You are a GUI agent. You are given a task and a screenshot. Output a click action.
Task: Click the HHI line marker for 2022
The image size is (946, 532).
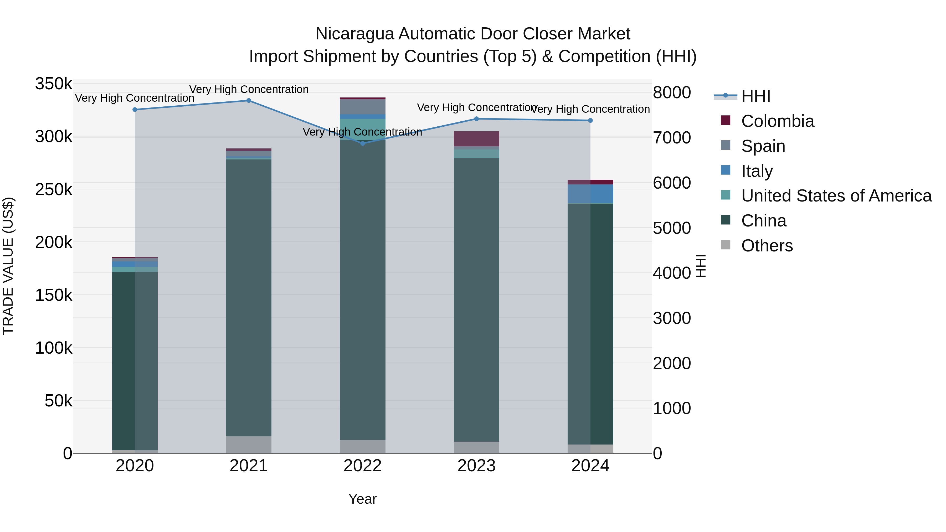362,143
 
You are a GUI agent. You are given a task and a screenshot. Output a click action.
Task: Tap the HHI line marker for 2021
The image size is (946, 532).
249,101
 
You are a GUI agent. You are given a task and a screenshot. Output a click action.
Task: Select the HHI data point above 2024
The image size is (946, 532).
590,120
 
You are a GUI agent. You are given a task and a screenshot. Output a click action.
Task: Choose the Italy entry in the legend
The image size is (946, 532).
757,171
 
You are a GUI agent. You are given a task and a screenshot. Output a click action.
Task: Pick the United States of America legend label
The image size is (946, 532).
836,196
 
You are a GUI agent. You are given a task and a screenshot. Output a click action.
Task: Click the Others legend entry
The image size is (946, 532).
767,246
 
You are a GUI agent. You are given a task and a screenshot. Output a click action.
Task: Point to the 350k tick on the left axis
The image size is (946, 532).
54,84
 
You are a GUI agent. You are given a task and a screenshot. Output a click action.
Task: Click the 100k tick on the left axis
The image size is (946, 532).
54,348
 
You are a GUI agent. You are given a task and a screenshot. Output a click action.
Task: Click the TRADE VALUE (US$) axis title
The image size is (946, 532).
8,266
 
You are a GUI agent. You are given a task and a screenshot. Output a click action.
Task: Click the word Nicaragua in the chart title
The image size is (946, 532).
355,34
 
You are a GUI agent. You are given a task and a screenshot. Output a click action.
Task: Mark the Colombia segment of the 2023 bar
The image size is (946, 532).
476,139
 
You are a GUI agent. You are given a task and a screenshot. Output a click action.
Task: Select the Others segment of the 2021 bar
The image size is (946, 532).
249,445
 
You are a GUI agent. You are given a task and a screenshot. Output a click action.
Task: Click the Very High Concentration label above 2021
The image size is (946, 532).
249,90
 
